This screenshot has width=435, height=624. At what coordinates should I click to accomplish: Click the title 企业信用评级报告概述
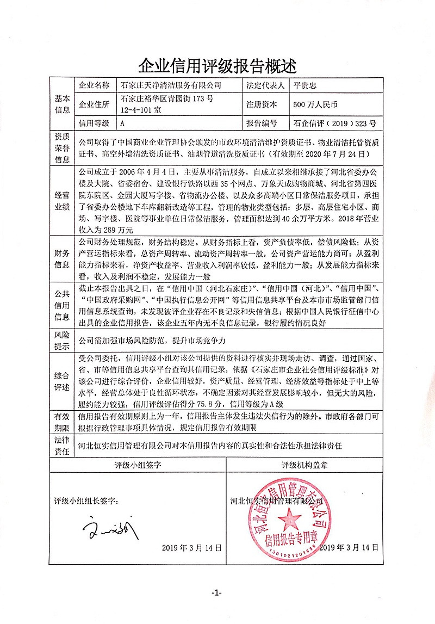tap(217, 66)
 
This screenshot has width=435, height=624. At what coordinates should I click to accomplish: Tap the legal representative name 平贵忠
tap(304, 85)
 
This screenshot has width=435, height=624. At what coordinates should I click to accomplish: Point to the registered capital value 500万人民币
tap(315, 104)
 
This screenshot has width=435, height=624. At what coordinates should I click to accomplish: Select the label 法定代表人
tap(265, 85)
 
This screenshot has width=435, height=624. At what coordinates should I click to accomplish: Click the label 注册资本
tap(262, 104)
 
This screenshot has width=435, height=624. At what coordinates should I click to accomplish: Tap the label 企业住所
tap(94, 104)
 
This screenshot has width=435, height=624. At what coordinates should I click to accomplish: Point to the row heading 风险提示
tap(61, 340)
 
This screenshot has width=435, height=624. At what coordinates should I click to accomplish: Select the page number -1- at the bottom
tap(217, 592)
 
